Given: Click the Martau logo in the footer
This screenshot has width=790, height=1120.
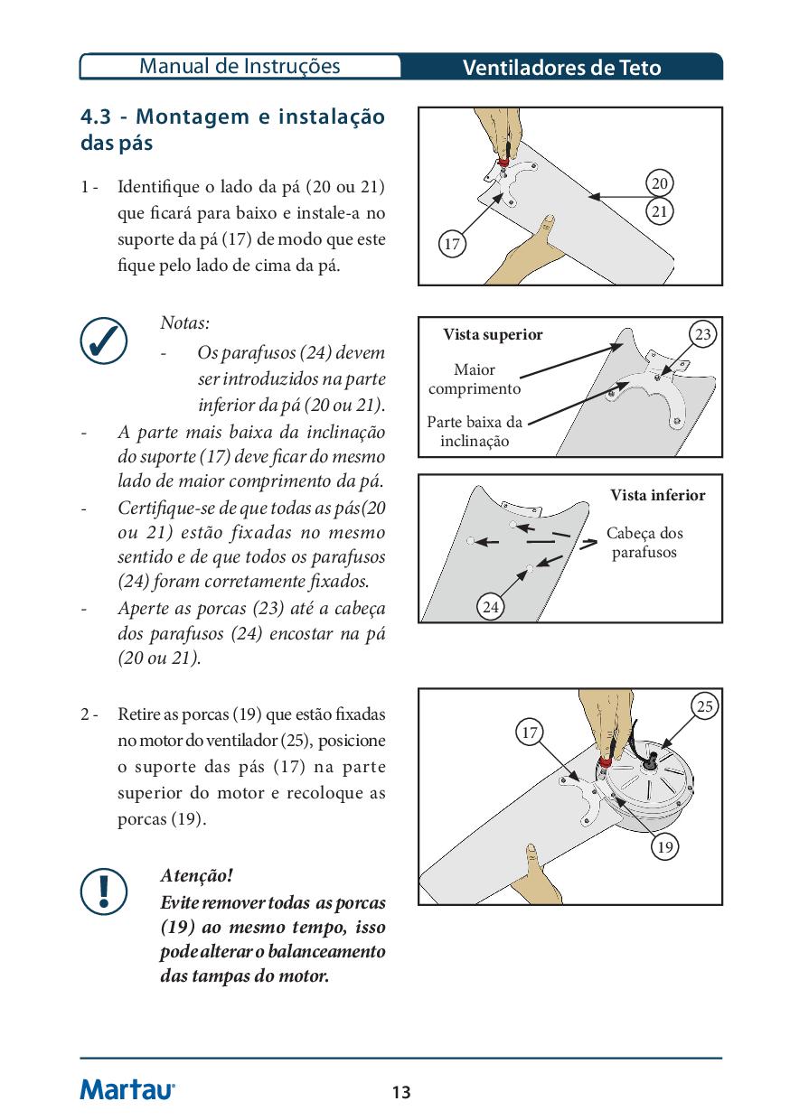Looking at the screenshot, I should point(127,1089).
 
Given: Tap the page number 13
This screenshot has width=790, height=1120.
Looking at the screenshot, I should point(401,1093).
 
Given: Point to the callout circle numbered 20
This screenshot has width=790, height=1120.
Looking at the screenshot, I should point(660,183).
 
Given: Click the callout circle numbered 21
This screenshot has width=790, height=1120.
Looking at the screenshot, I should point(660,211).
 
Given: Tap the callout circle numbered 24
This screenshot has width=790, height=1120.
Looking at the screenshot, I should point(491,608).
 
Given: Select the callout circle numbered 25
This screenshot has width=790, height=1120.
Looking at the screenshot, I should point(706,707).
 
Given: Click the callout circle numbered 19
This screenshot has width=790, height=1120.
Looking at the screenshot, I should point(664,847).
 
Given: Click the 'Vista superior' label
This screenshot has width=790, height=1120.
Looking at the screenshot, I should point(493,335).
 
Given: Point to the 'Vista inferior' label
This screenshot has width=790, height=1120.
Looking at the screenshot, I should point(657,495).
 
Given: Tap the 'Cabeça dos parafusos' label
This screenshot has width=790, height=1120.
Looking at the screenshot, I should point(644,543).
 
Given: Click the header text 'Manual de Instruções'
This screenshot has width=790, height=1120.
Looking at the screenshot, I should point(240,66).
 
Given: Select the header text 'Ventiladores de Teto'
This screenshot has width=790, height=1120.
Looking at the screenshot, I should point(561,68).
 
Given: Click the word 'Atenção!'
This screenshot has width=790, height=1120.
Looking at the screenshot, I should point(196,876).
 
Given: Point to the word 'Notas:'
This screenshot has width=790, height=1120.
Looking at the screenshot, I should point(184,322).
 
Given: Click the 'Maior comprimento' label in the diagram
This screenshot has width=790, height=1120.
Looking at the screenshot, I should point(475,379).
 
